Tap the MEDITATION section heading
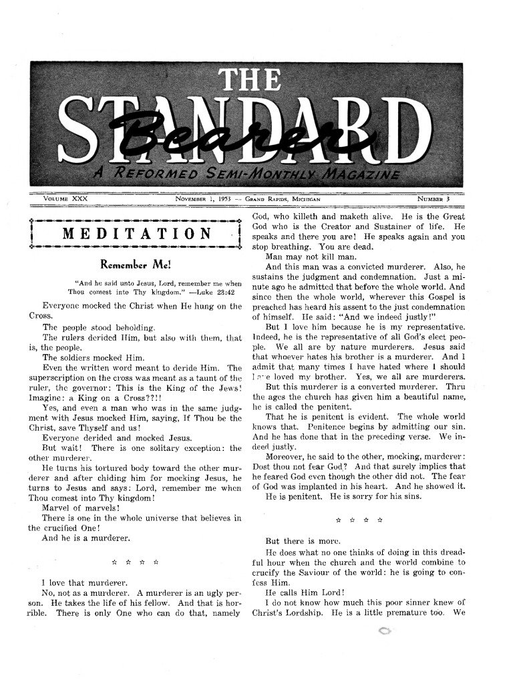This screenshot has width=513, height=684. (x=138, y=233)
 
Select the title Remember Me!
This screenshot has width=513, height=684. (x=136, y=263)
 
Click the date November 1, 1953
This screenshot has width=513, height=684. (x=202, y=199)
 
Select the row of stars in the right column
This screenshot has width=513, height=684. (x=359, y=518)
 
